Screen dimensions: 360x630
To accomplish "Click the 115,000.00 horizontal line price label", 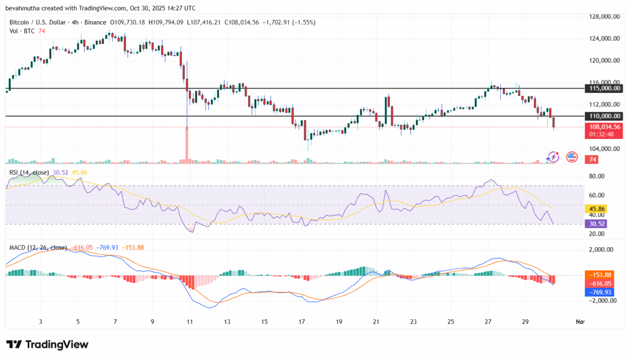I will [604, 89].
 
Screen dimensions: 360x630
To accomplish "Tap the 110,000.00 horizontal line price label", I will [604, 116].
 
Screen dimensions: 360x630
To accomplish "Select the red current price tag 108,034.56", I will [604, 127].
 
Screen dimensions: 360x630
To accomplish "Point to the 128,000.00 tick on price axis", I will [604, 16].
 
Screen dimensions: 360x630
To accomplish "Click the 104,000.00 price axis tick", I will [604, 149].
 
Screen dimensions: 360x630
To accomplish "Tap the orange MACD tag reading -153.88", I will [600, 275].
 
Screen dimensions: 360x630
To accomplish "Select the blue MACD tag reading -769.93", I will [600, 292].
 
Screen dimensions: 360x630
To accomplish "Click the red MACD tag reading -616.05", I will [600, 283].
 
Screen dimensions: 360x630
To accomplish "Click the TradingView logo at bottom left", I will [47, 345].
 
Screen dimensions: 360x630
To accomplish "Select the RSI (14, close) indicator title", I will [29, 173].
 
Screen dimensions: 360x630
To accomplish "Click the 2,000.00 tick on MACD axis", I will [601, 250].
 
